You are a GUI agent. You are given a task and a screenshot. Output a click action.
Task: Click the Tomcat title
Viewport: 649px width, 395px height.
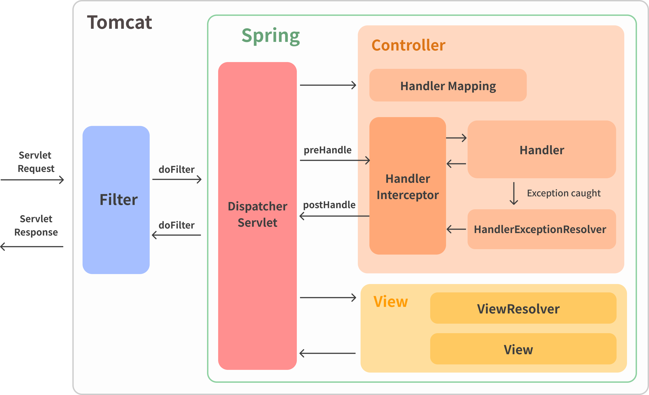click(119, 22)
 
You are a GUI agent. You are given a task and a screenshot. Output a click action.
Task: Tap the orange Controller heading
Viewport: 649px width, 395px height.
click(408, 45)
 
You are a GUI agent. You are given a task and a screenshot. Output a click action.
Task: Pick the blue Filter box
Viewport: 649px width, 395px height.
click(116, 200)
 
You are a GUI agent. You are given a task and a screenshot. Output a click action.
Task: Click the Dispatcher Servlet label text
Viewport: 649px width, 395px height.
click(257, 214)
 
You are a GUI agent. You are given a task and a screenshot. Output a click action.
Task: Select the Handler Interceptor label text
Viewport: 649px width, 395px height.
click(407, 187)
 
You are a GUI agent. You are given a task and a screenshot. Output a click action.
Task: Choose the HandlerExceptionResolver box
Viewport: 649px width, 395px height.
click(541, 229)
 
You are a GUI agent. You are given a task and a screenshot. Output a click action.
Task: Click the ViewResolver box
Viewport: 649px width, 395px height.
click(523, 308)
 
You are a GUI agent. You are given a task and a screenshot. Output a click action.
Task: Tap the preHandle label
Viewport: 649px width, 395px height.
click(327, 150)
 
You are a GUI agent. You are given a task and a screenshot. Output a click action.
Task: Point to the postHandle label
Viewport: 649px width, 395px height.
click(329, 205)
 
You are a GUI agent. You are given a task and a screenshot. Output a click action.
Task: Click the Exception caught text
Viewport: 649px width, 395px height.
click(564, 193)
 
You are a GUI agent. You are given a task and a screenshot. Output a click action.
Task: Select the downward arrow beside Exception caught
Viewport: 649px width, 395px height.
click(514, 193)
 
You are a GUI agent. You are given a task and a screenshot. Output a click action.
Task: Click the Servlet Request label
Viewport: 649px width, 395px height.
click(36, 162)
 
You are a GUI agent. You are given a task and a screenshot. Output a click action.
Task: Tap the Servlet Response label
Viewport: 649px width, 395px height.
click(36, 226)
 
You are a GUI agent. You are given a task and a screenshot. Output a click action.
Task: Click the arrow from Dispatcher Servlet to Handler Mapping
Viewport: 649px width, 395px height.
click(328, 85)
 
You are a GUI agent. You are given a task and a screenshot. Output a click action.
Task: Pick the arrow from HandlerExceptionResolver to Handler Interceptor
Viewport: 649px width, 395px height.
click(456, 229)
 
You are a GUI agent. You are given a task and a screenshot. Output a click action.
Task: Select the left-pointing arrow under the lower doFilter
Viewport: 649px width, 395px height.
click(176, 235)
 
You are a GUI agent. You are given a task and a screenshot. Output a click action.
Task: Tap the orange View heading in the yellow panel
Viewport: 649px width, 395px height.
click(390, 302)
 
